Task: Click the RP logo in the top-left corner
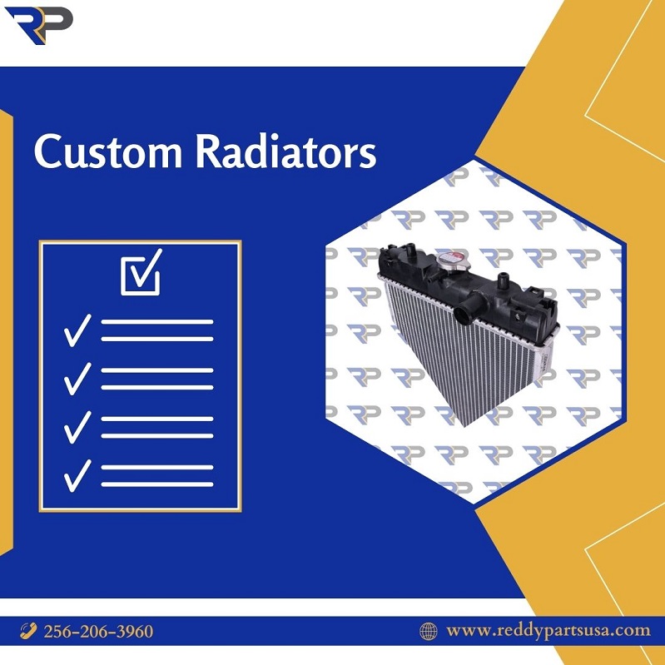click(38, 25)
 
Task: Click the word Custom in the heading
click(108, 151)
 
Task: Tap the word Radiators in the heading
click(285, 151)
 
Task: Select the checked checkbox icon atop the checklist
click(141, 272)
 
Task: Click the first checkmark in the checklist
click(77, 330)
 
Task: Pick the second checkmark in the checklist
click(77, 379)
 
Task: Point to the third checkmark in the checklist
click(77, 427)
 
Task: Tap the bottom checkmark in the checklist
click(77, 476)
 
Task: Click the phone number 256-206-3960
click(98, 631)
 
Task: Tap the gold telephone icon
click(28, 631)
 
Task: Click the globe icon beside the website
click(429, 631)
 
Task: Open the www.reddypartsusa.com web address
click(548, 631)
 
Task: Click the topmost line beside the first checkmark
click(157, 322)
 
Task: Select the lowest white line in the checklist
click(157, 484)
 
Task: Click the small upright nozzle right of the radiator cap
click(503, 280)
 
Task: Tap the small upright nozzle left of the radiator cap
click(410, 250)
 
